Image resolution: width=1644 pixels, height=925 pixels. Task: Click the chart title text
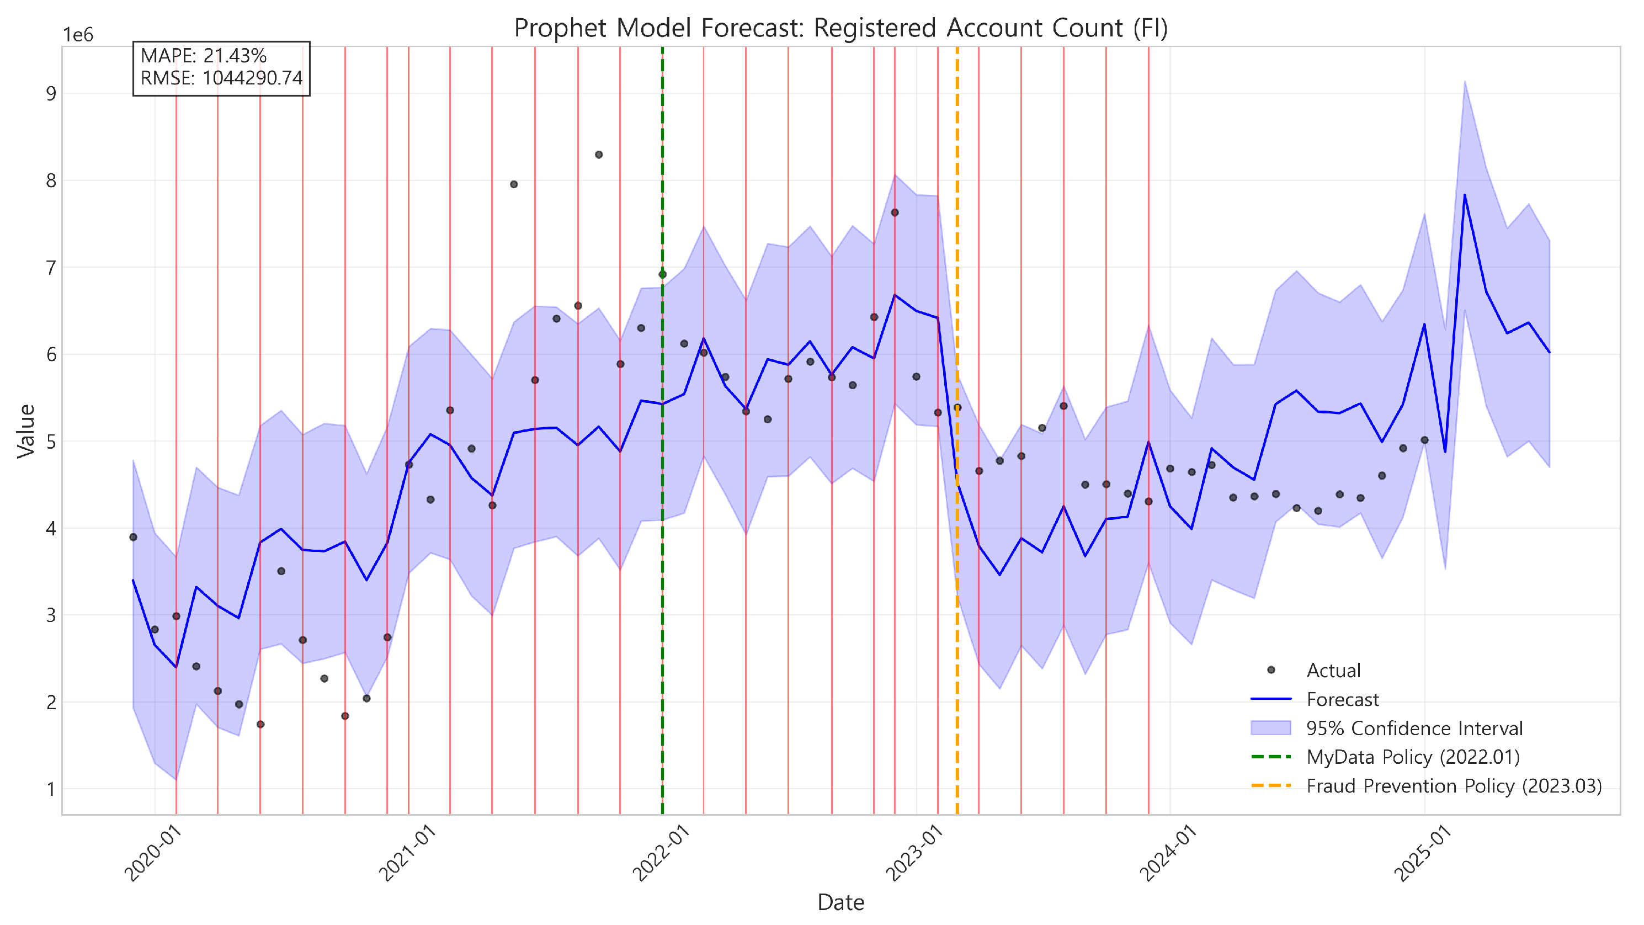[840, 28]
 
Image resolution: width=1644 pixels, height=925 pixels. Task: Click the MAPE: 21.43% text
[204, 56]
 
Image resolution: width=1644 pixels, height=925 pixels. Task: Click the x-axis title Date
[840, 902]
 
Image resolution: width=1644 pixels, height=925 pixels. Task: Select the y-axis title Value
[26, 431]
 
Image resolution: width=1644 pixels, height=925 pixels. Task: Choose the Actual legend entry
[1333, 670]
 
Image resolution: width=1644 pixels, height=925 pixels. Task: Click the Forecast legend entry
[1342, 700]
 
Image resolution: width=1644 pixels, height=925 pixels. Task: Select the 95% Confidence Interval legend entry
[1414, 729]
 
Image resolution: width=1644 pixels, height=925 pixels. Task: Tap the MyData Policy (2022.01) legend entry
[1412, 757]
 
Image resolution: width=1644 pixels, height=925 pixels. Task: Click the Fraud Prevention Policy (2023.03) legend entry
[1453, 786]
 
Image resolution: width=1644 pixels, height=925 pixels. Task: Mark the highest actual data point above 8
[599, 155]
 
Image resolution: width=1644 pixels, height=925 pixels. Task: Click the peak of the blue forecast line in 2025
[1465, 195]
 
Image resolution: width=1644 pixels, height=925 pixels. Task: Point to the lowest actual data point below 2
[260, 725]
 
